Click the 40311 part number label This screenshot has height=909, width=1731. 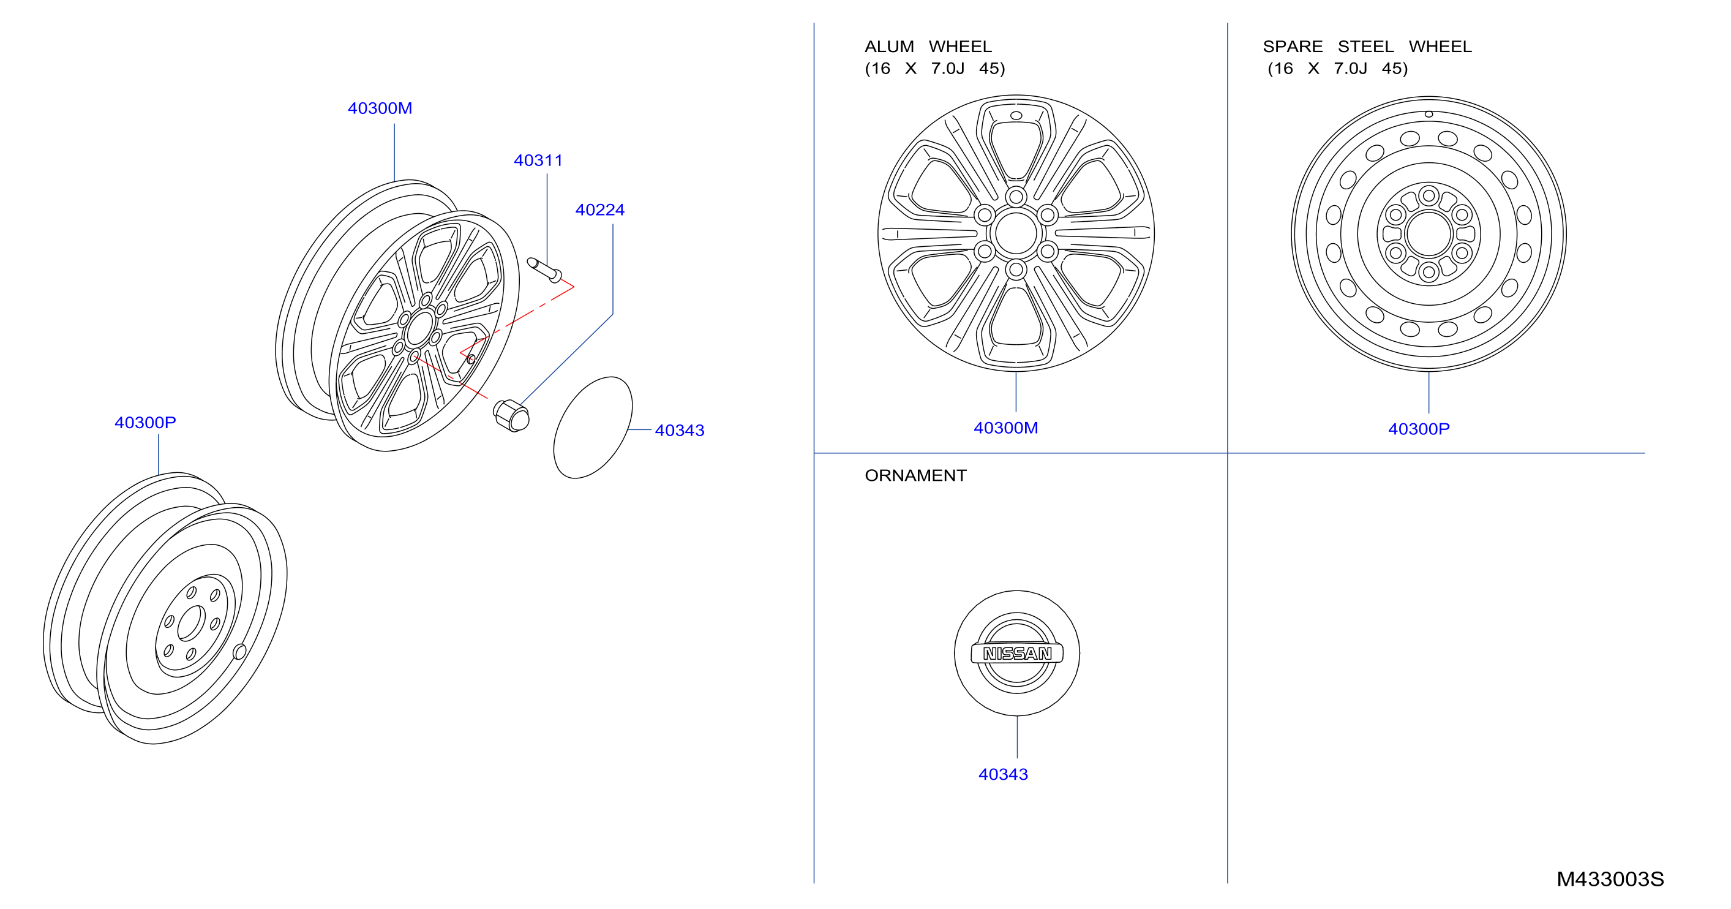tap(538, 160)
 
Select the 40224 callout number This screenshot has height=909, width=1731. tap(599, 209)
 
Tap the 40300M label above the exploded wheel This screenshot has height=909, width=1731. tap(380, 108)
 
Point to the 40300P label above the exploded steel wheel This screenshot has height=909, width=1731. tap(145, 422)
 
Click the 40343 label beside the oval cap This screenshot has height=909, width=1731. tap(680, 430)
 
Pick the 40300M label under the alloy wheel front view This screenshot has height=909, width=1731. tap(1005, 428)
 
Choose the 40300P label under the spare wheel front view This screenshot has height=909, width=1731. tap(1419, 429)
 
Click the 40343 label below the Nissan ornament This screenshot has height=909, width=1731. tap(1002, 774)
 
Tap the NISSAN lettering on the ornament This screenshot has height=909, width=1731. tap(1016, 654)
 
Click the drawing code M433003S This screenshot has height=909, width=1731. tap(1610, 879)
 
